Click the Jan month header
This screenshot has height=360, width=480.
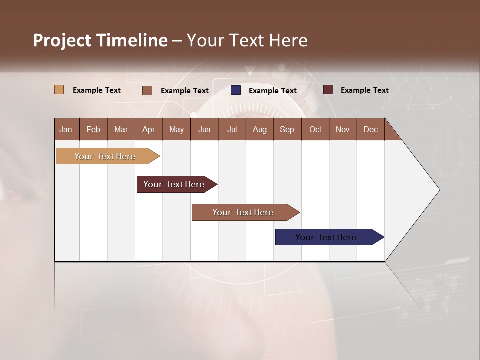coord(66,129)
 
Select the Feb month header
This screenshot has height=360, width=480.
coord(93,129)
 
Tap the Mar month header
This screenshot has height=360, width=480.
coord(121,129)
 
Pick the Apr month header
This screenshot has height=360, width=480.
coord(148,129)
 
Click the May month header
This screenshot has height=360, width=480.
coord(176,129)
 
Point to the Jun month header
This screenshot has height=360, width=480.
coord(204,129)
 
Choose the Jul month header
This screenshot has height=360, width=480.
coord(232,129)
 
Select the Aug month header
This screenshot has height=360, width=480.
coord(259,129)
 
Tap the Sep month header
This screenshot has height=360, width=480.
coord(287,129)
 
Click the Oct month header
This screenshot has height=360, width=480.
coord(315,129)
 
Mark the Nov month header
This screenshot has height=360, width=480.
coord(343,129)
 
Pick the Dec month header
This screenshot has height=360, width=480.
coord(370,129)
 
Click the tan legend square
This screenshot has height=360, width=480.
coord(59,90)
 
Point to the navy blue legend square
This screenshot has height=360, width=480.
coord(236,90)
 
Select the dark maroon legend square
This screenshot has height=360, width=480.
coord(328,90)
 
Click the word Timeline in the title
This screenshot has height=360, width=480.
coord(132,40)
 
